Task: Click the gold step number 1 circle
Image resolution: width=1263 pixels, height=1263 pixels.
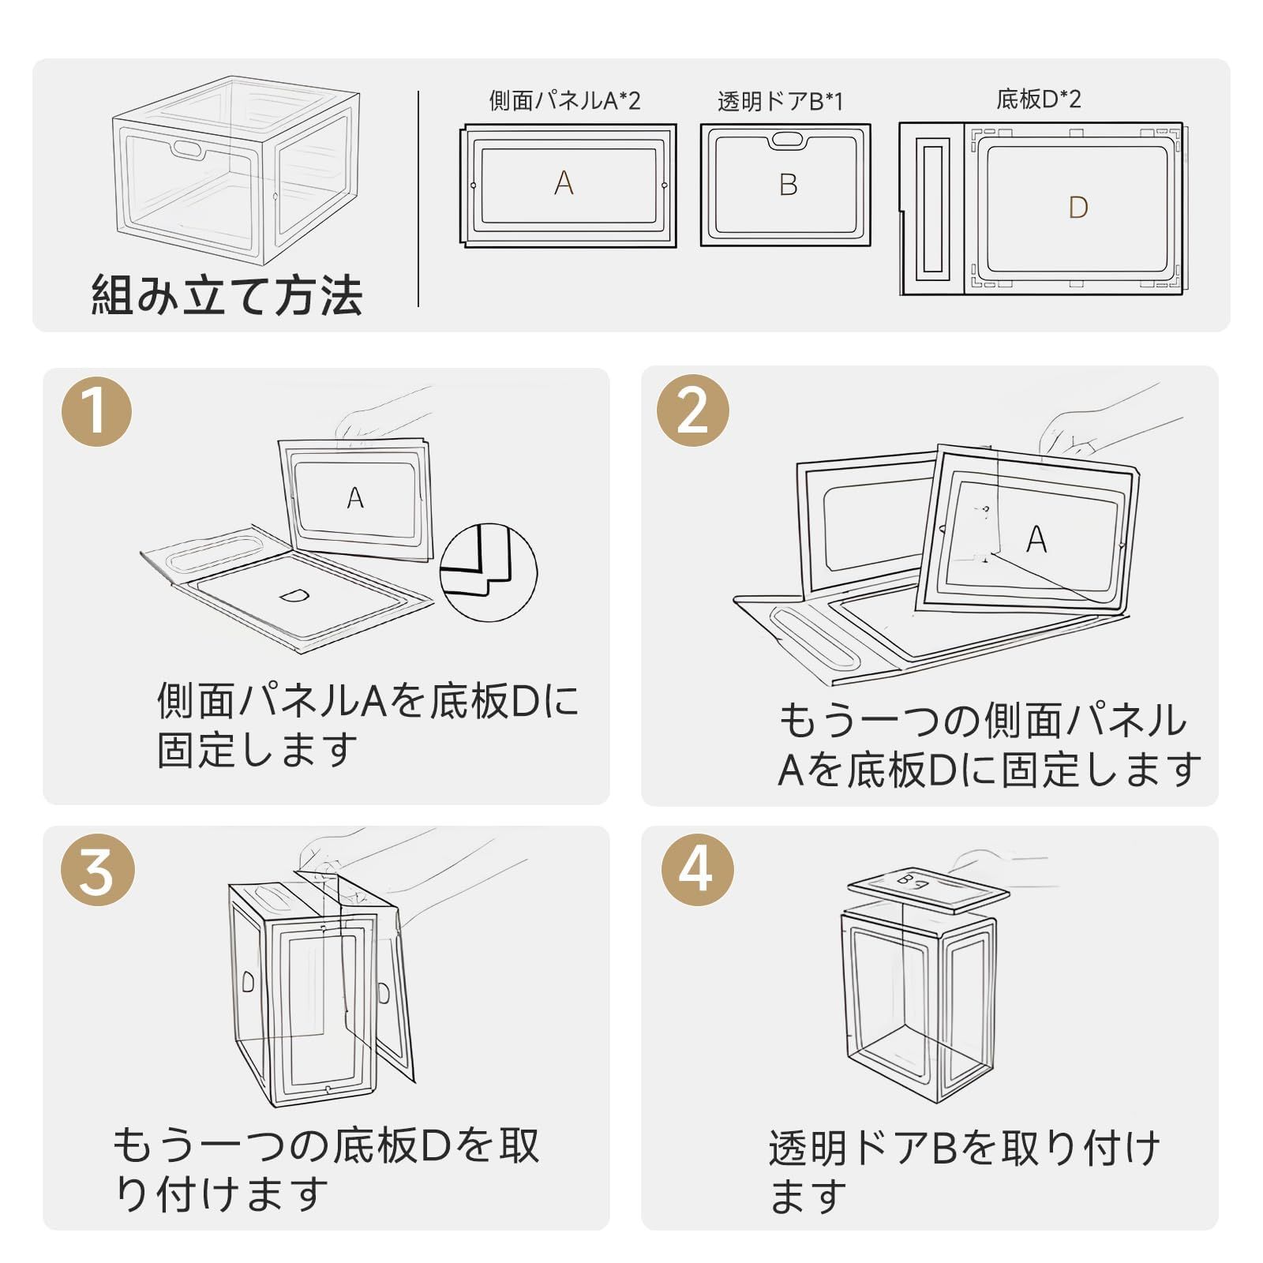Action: click(96, 411)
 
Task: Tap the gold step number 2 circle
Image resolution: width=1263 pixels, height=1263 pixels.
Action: click(692, 410)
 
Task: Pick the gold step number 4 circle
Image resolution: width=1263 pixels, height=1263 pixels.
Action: click(697, 870)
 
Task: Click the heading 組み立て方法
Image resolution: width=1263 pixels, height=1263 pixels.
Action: click(227, 295)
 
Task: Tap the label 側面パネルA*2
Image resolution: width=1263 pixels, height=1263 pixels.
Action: click(564, 101)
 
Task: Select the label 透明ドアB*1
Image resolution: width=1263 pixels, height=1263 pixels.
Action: click(780, 102)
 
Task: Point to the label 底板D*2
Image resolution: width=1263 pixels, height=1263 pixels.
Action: click(1038, 99)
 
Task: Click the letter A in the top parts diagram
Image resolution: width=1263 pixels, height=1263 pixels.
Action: click(564, 183)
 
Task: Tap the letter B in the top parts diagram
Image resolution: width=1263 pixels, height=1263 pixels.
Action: click(788, 185)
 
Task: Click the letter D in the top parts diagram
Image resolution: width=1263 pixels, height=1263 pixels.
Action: click(1077, 208)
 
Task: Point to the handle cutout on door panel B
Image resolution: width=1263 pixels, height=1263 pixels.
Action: click(786, 140)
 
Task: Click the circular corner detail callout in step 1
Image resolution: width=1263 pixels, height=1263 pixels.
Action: click(488, 571)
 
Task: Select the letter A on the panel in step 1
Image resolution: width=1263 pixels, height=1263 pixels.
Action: click(355, 497)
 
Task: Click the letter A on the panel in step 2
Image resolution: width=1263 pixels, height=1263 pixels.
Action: click(1036, 540)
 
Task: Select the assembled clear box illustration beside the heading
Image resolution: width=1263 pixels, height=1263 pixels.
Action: click(235, 170)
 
